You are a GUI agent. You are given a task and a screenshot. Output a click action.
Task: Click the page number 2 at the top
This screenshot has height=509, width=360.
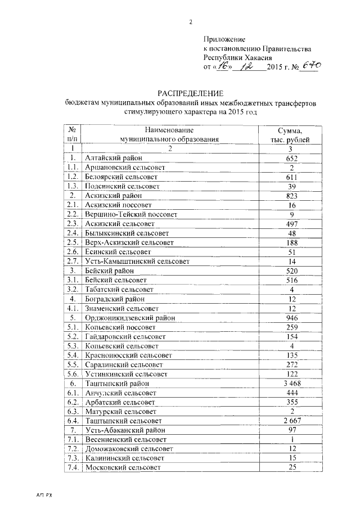pyautogui.click(x=190, y=22)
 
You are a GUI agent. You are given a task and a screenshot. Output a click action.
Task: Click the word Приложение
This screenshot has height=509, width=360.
pyautogui.click(x=224, y=39)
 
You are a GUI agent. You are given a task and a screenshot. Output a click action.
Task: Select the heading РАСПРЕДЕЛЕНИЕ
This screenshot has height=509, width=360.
pyautogui.click(x=191, y=93)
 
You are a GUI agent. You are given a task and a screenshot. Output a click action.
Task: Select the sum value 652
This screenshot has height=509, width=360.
pyautogui.click(x=290, y=159)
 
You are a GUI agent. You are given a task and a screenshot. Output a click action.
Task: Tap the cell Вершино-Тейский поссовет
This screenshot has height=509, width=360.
pyautogui.click(x=130, y=214)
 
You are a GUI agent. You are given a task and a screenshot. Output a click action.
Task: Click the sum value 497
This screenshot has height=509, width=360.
pyautogui.click(x=290, y=223)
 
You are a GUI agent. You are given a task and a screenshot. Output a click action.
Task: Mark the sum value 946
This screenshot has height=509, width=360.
pyautogui.click(x=290, y=318)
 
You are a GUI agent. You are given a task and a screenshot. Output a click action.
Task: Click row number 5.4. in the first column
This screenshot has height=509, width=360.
pyautogui.click(x=71, y=355)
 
